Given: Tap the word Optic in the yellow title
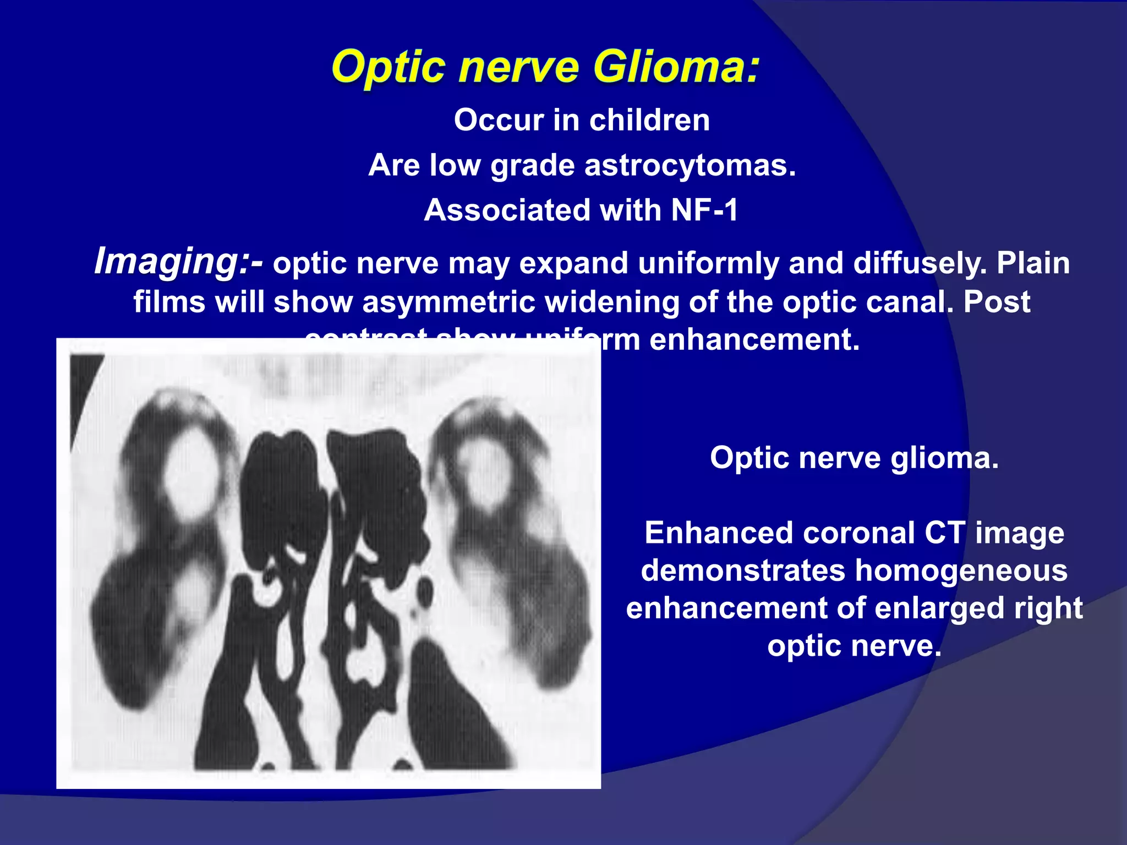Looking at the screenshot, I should [x=388, y=68].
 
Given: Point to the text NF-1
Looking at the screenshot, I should [x=704, y=210].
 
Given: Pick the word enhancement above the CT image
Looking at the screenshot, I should [x=754, y=339].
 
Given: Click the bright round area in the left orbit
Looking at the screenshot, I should [x=190, y=473].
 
